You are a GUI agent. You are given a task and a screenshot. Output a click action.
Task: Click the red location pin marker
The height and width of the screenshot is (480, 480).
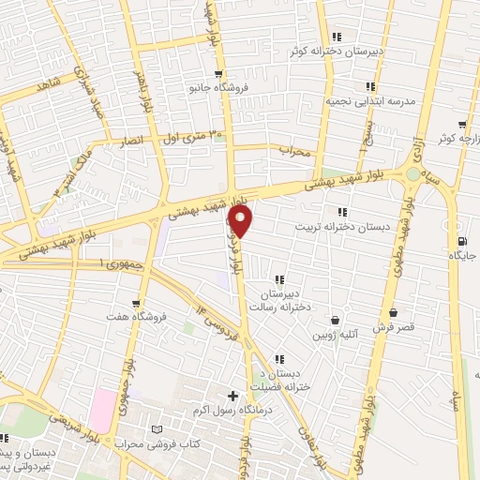(241, 221)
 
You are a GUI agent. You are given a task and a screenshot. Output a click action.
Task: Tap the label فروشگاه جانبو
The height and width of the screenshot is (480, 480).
(217, 88)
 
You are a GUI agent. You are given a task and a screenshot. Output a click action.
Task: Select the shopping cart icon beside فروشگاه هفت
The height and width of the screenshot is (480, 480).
(138, 304)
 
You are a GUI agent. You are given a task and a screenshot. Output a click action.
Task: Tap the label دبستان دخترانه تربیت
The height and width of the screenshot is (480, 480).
(335, 226)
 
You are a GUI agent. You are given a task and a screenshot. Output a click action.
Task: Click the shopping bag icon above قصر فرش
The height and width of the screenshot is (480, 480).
(392, 313)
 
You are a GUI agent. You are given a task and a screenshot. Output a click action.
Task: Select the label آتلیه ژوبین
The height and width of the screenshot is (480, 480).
(335, 334)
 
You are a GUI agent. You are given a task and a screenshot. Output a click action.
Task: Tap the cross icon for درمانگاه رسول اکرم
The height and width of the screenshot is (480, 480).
(233, 396)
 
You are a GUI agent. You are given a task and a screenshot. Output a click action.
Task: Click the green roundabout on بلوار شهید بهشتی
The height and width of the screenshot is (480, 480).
(412, 173)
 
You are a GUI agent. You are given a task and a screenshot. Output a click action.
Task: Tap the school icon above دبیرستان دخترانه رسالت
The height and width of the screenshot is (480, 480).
(279, 279)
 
